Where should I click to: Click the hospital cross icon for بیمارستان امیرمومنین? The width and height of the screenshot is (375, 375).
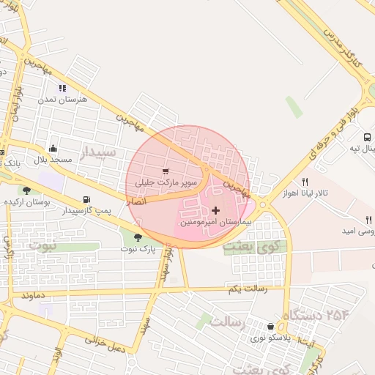tap(215, 210)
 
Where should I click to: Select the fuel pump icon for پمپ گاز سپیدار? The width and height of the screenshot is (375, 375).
tap(88, 199)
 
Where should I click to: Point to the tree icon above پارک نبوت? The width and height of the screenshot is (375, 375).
tap(138, 237)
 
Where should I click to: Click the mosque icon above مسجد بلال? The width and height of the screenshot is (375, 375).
tap(52, 147)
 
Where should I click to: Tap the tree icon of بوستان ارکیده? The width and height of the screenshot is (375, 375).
tap(26, 190)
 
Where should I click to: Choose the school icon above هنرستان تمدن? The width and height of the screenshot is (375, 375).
tap(73, 88)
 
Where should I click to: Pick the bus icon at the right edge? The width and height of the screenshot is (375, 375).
tap(366, 136)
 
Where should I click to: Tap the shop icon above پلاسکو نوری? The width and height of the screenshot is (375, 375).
tap(272, 327)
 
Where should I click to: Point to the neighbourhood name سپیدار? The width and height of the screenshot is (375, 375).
tap(97, 152)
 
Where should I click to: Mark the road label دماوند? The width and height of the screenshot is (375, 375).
tap(35, 296)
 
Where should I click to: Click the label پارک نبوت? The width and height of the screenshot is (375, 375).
tap(138, 249)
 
